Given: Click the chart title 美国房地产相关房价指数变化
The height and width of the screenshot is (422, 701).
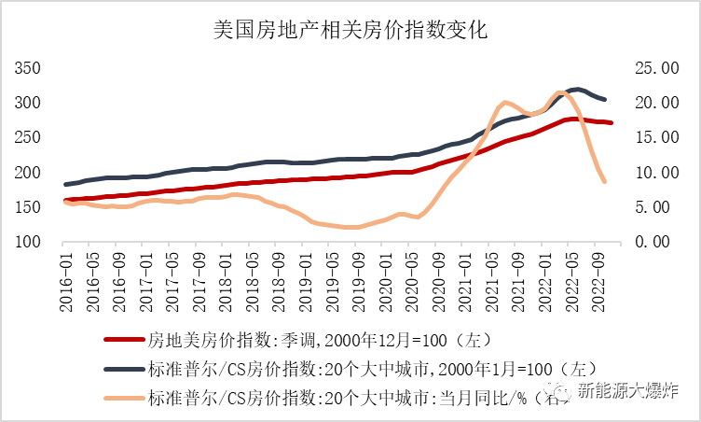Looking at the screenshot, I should pos(351,30).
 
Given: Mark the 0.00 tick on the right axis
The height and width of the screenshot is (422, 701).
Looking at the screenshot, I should pos(653,242).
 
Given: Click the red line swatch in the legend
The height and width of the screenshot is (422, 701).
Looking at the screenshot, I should pos(121,340).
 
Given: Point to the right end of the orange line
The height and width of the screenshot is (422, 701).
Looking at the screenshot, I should pos(605,181).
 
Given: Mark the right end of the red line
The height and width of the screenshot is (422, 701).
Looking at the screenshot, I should pos(612,123).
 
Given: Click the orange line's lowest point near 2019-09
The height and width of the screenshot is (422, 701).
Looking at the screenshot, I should pos(349,227).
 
